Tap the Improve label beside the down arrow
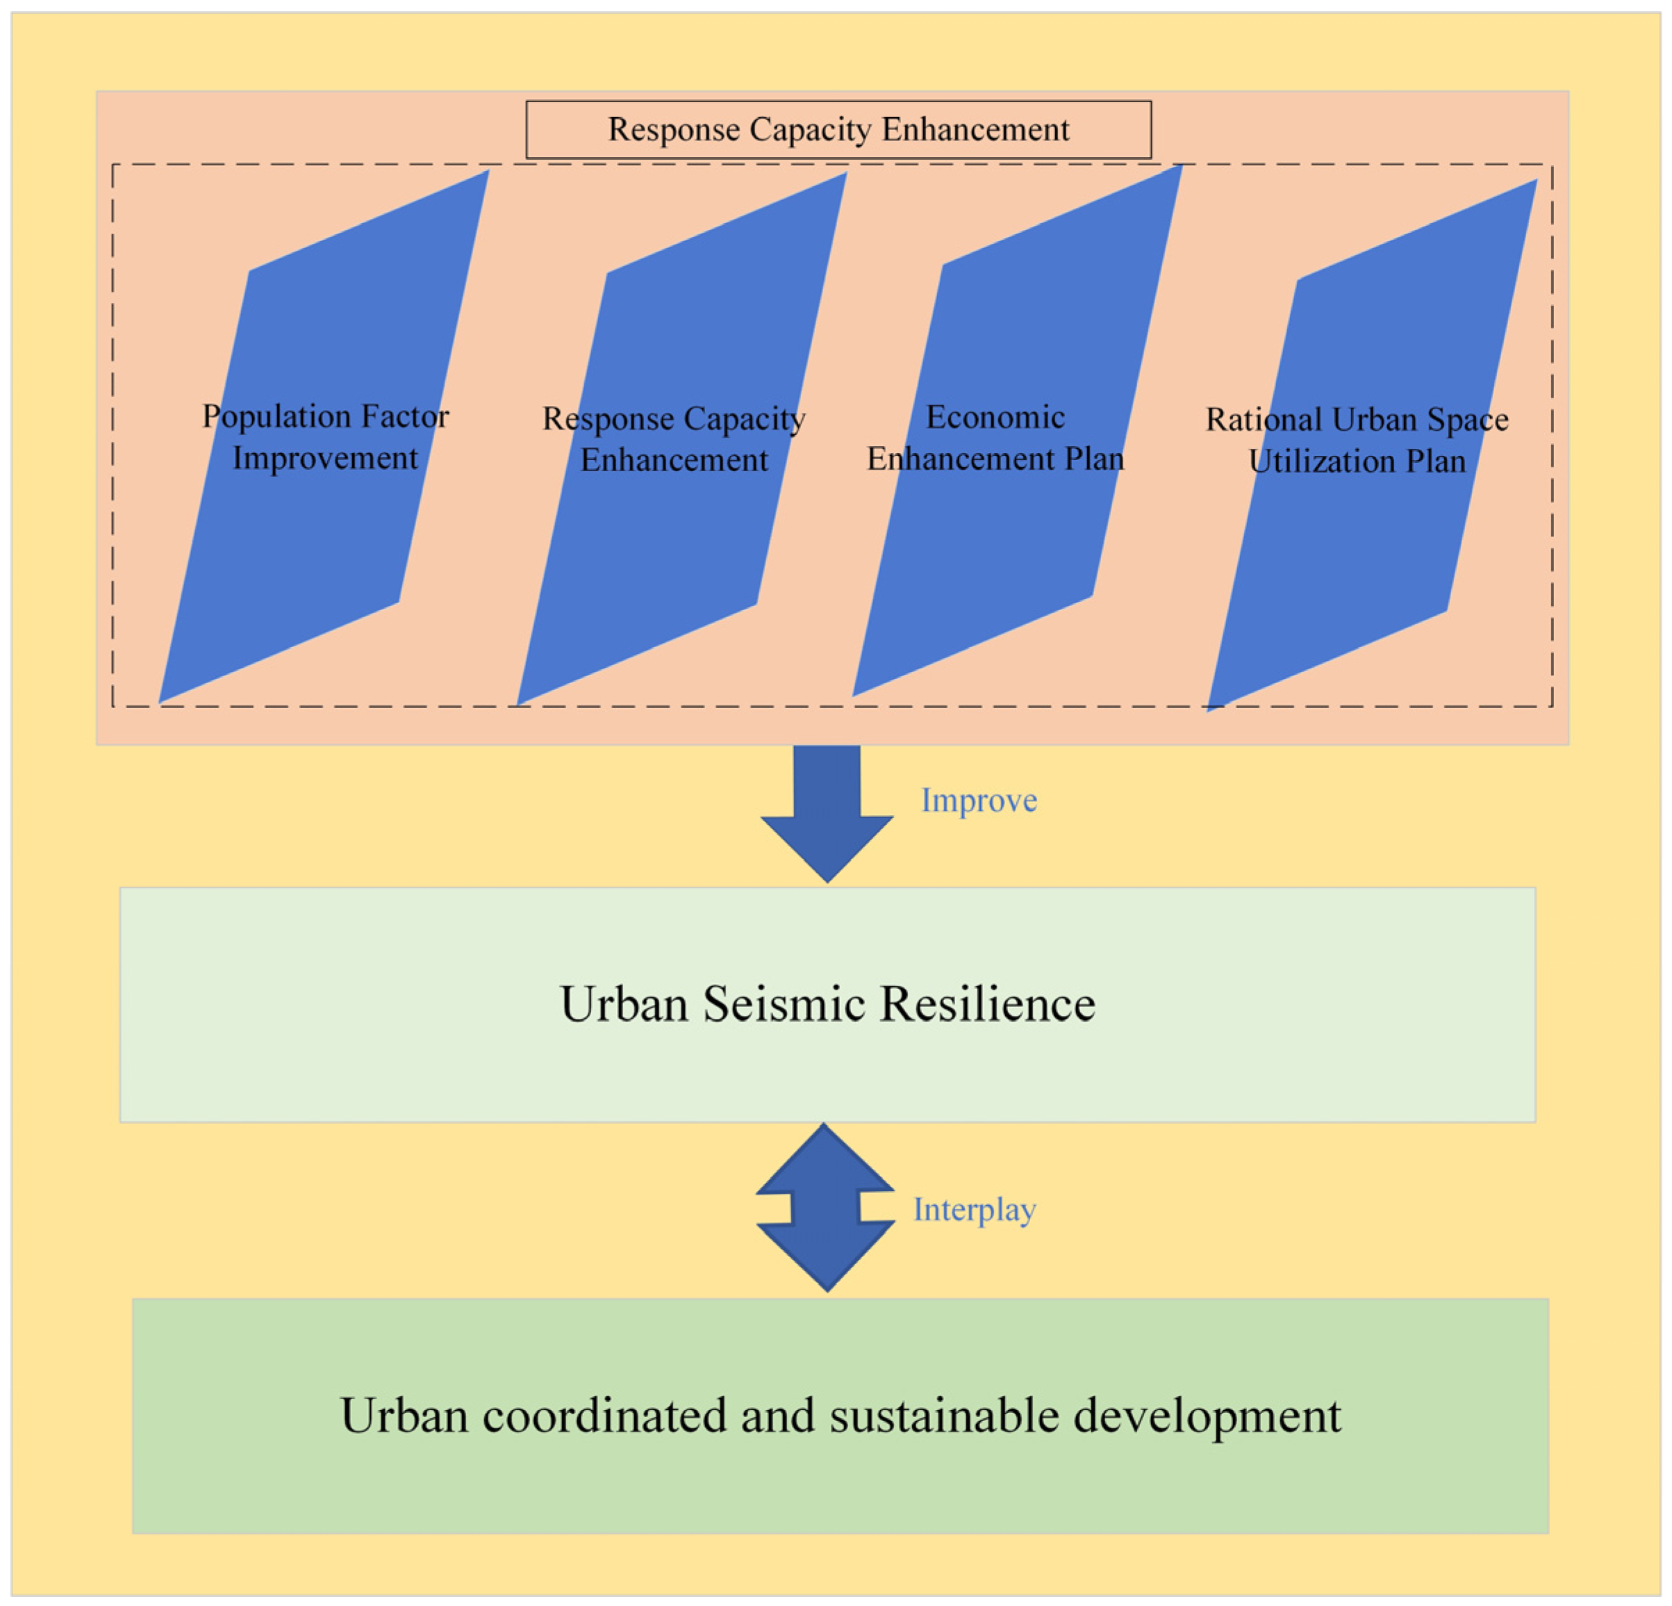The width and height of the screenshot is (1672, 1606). point(979,801)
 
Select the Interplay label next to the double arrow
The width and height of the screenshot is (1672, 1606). point(974,1209)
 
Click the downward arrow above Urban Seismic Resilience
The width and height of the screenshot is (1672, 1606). point(827,812)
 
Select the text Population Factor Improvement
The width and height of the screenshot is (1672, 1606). point(325,437)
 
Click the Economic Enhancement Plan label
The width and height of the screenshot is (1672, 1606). point(995,438)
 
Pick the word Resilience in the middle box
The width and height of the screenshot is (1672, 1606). point(987,1003)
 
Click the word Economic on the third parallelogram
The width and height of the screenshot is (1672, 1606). point(995,417)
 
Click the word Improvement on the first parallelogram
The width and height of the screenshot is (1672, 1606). point(325,458)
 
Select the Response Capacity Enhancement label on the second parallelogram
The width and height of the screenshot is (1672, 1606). point(674,439)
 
